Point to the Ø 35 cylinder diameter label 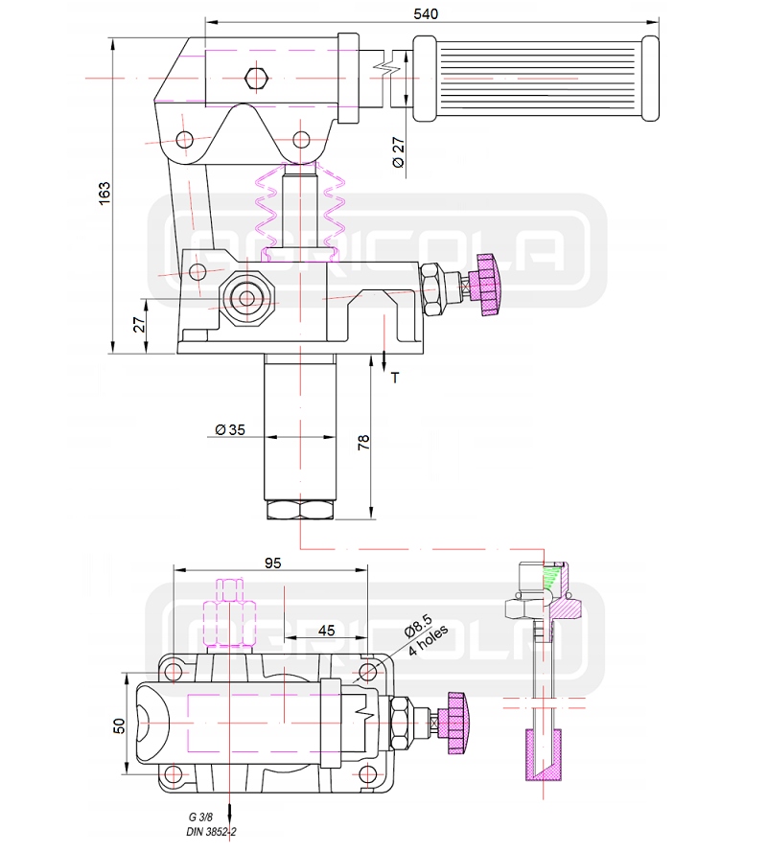231,429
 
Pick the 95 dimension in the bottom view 272,563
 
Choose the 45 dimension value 326,630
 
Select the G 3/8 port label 202,816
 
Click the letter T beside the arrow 394,378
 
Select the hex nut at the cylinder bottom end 299,509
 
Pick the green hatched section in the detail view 553,578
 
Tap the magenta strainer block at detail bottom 542,756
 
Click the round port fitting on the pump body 246,297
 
